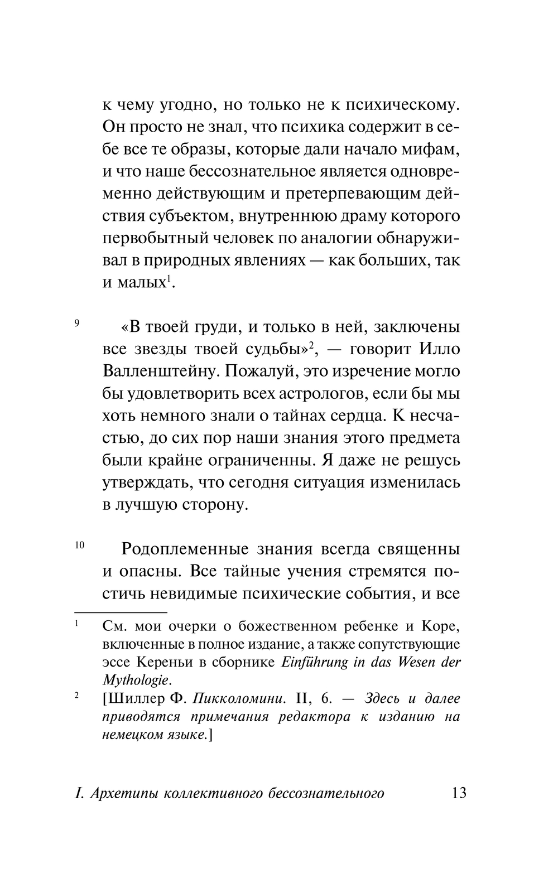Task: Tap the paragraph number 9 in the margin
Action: tap(77, 323)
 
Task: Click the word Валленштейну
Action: tap(165, 371)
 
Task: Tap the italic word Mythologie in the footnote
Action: tap(135, 680)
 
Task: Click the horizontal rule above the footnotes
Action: tap(121, 612)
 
